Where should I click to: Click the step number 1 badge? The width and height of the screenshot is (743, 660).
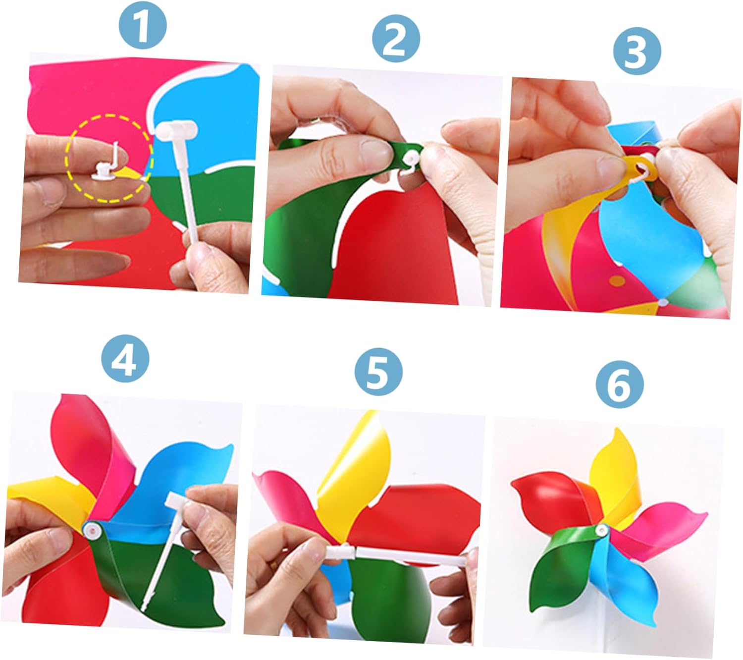point(143,25)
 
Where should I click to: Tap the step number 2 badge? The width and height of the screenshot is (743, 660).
point(396,38)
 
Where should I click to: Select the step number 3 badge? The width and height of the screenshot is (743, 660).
point(637,51)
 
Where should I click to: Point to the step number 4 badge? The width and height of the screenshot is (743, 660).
point(125,358)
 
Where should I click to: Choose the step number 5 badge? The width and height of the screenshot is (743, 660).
point(378,372)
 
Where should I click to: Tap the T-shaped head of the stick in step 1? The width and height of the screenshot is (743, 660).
point(177,129)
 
